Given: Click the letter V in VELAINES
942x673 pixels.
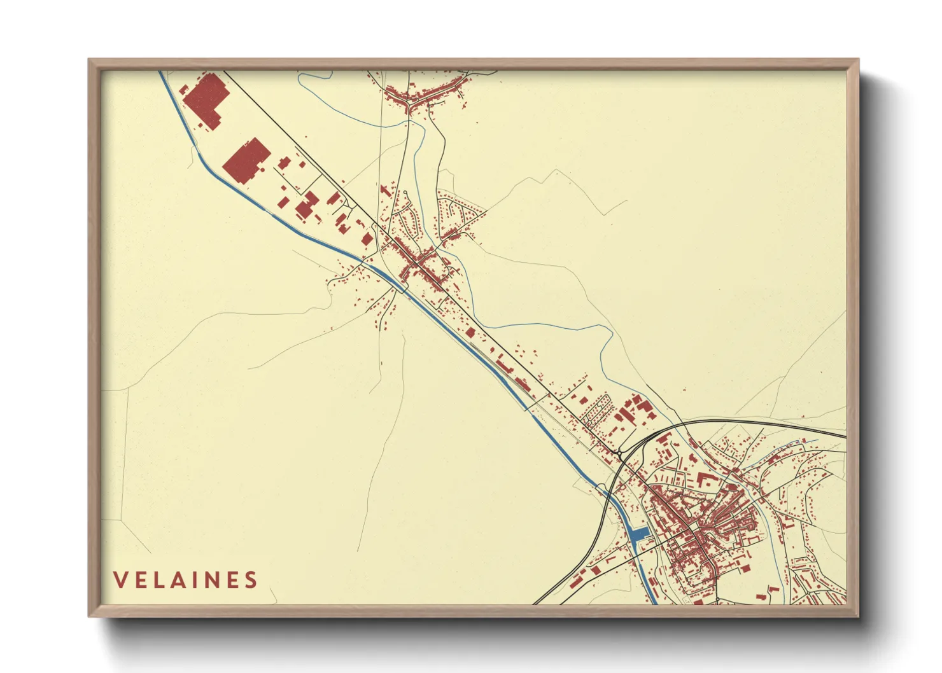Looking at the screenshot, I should click(120, 580).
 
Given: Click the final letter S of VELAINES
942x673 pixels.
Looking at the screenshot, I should click(251, 580).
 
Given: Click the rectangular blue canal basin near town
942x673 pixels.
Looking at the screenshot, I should click(639, 534).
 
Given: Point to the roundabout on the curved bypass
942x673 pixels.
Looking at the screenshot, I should click(619, 453).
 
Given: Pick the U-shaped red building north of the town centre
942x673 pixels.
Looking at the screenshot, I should click(706, 481).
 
